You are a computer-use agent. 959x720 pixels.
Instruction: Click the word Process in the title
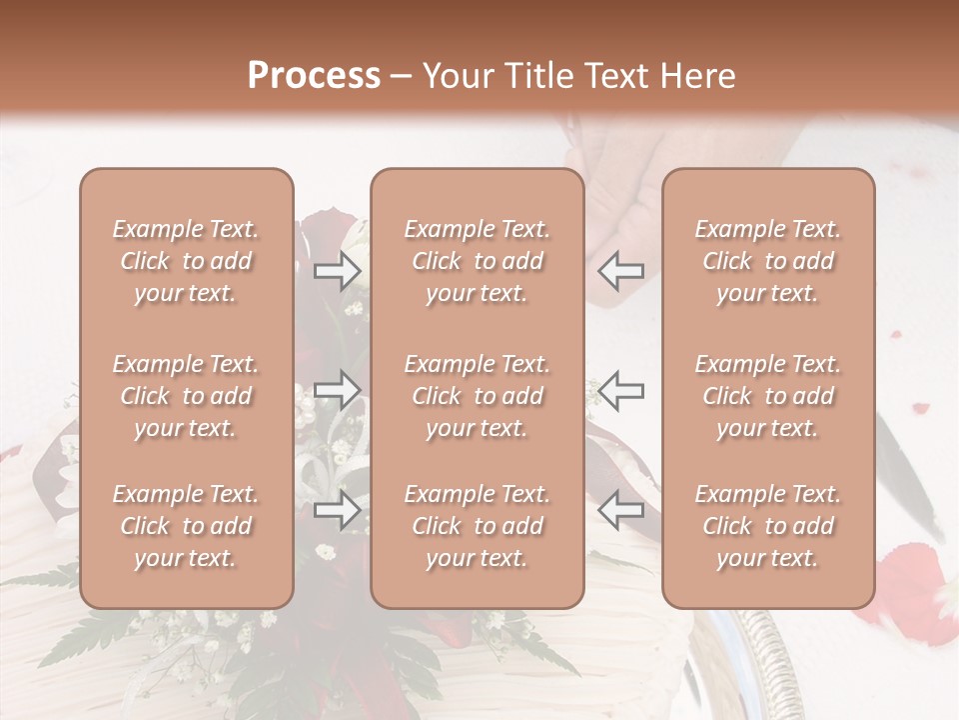(314, 76)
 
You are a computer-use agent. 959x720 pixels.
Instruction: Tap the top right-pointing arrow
(338, 271)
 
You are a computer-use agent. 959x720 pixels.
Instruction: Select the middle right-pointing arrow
(338, 389)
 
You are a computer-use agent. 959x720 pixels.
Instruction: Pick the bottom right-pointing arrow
(338, 509)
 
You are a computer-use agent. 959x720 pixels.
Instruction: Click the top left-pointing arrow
(620, 271)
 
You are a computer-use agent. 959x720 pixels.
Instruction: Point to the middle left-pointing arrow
(620, 389)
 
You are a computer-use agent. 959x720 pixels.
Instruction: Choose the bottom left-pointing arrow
(620, 509)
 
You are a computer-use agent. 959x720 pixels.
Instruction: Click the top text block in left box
(186, 261)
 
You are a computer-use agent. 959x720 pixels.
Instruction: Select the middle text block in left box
(186, 396)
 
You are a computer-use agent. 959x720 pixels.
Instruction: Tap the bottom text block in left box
(186, 526)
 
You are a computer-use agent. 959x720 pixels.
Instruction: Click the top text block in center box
(478, 261)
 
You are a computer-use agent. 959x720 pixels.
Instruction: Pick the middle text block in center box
(478, 396)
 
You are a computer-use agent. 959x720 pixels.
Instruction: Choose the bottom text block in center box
(478, 526)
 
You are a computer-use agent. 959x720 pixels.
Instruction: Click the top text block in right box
(768, 261)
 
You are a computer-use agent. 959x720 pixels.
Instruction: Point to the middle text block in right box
(768, 396)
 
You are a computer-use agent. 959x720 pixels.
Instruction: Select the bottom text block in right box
(768, 526)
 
